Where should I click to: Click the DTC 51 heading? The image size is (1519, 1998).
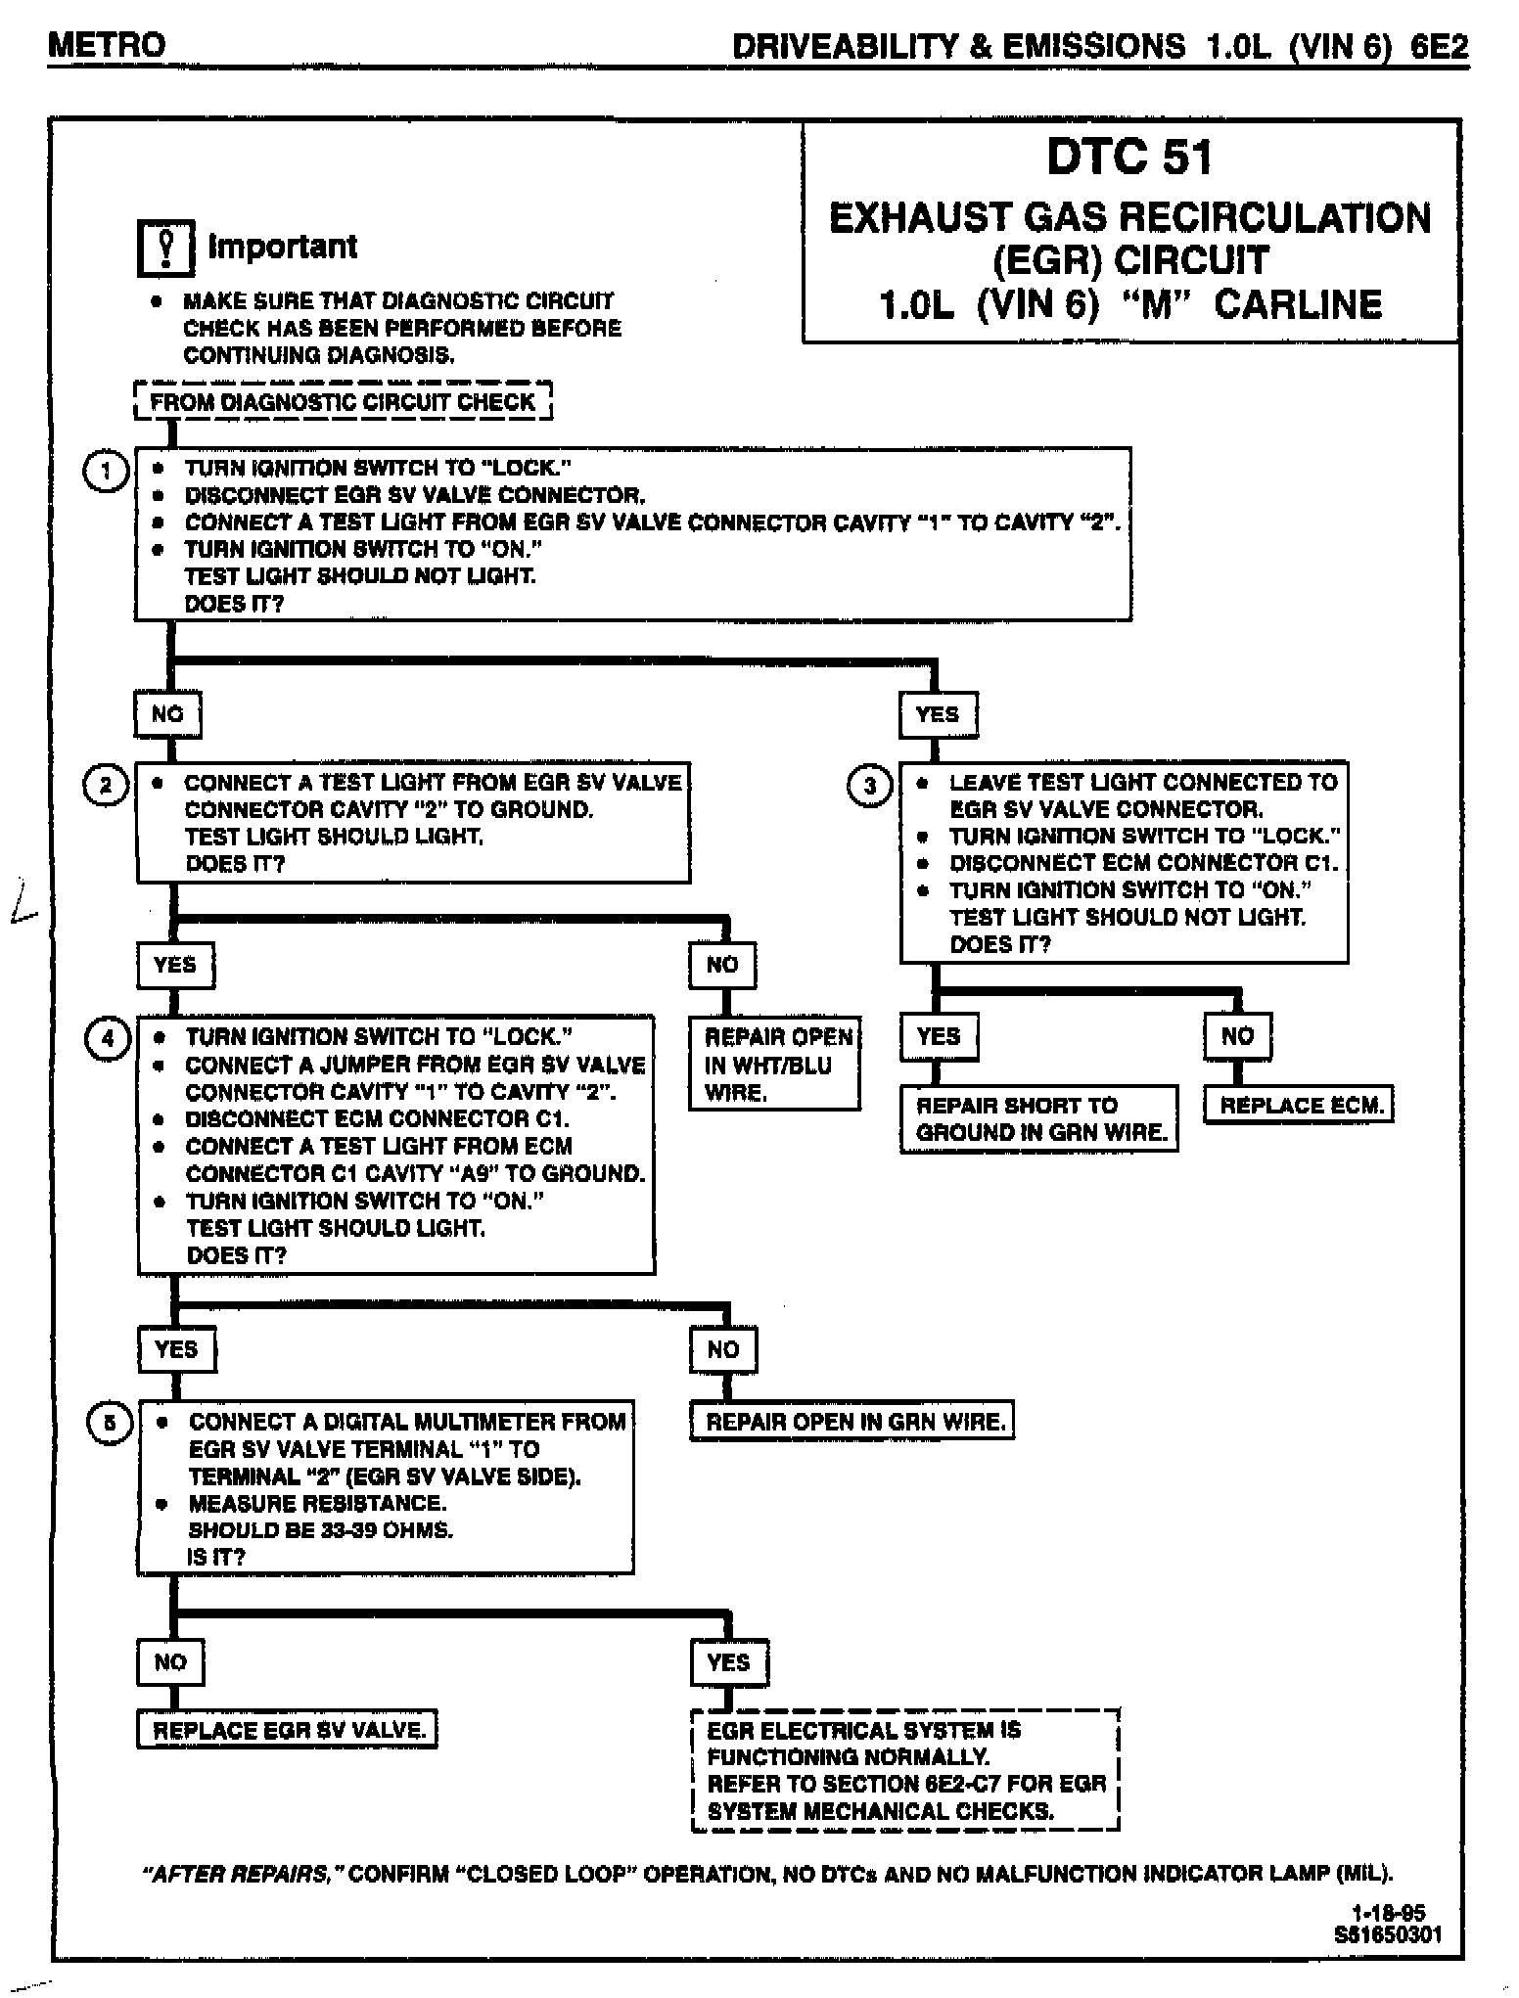pos(1129,158)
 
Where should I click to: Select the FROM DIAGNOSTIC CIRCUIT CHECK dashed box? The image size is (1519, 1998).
pos(343,401)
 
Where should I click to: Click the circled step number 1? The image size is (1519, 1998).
pos(106,472)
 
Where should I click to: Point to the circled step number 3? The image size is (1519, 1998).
pos(870,786)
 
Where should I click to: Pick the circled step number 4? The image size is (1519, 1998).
pos(108,1039)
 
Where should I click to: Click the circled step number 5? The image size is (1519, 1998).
pos(110,1424)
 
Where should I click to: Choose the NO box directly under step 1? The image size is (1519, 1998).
pos(167,714)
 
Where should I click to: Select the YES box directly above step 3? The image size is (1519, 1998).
pos(938,715)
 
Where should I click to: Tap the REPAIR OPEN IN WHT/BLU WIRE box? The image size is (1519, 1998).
pos(775,1064)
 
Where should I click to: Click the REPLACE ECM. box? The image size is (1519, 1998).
pos(1300,1106)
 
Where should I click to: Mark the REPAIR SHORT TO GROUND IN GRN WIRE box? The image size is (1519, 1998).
pos(1039,1118)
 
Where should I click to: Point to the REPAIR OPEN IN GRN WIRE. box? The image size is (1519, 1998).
pos(852,1422)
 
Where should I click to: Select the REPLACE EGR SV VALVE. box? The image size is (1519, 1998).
pos(288,1730)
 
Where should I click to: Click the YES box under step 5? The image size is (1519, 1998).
pos(729,1662)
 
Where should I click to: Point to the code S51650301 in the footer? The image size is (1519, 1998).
pos(1388,1934)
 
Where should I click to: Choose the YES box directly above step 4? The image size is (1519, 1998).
pos(176,966)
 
